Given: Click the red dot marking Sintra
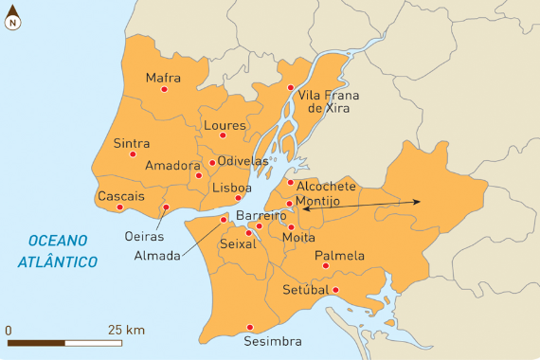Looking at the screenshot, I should pos(133,153).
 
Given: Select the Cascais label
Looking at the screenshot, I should pos(120,196).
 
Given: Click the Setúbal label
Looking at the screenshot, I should pos(305,289).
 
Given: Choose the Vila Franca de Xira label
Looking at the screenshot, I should pos(324,101).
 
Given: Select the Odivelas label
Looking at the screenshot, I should pos(243,161).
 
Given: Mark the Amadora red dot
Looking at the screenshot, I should pos(199,175).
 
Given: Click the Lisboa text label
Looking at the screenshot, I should pos(232,188).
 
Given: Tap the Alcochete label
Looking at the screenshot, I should pos(326,186).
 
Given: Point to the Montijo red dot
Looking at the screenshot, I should pos(289,203).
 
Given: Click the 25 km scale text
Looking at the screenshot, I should pos(126,330).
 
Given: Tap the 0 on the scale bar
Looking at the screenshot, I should pos(9,330).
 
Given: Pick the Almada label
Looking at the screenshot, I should pos(155,256).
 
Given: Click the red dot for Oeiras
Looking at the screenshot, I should pos(166,207).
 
